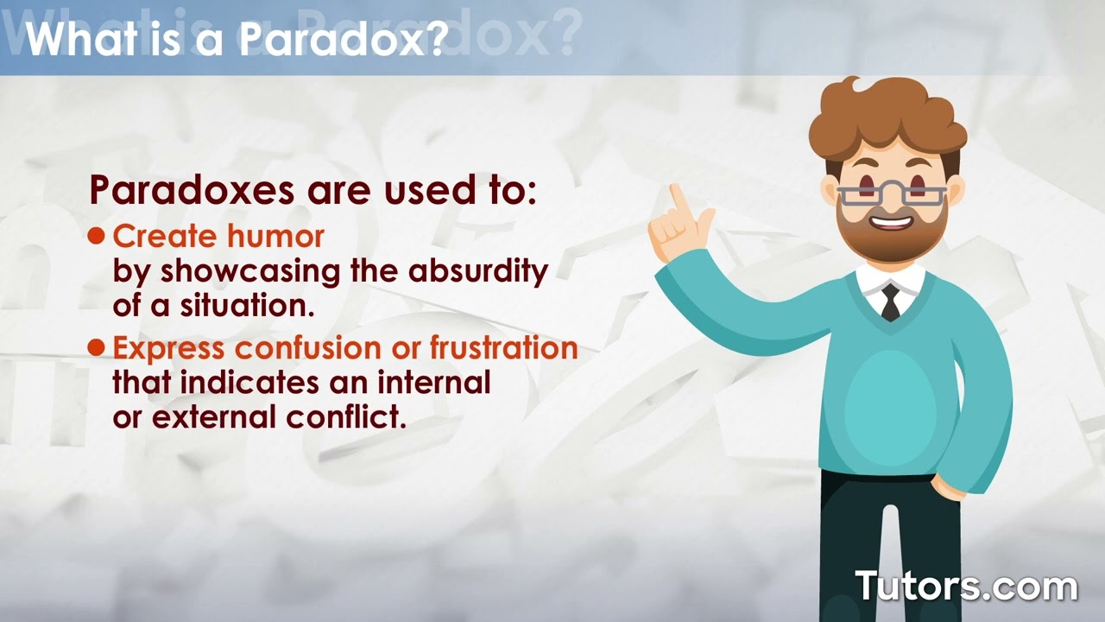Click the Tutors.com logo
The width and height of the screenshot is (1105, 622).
click(x=966, y=586)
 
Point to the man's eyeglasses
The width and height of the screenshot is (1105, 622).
click(x=890, y=192)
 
